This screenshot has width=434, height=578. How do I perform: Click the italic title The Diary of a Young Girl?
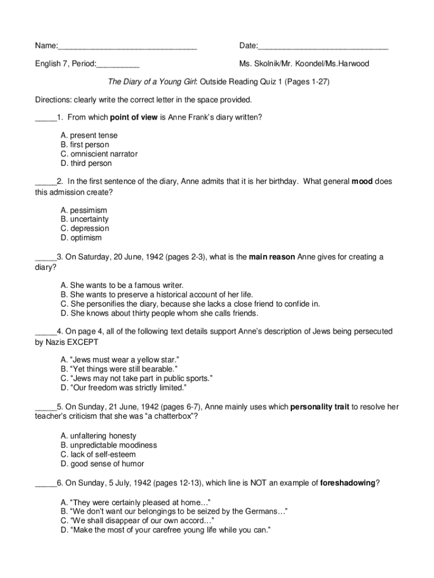[x=148, y=82]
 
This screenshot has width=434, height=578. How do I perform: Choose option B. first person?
[x=85, y=145]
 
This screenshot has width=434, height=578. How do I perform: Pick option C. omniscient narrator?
[x=99, y=154]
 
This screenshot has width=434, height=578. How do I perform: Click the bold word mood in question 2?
[x=362, y=182]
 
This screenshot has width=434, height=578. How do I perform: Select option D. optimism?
[x=81, y=238]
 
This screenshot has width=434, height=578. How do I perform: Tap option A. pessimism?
[x=83, y=210]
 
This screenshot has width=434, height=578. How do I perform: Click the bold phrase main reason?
[x=272, y=257]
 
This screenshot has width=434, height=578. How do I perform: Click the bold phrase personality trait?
[x=320, y=406]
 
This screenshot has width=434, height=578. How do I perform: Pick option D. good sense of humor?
[x=102, y=463]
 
